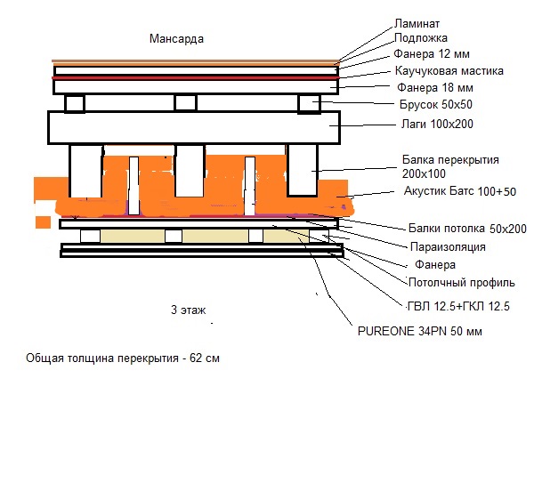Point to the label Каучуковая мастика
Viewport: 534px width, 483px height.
click(x=449, y=70)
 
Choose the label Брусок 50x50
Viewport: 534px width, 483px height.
click(x=435, y=105)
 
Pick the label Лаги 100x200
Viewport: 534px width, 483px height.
click(x=433, y=124)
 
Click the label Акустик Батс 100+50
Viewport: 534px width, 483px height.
click(x=459, y=191)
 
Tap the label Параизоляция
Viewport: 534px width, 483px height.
click(x=447, y=246)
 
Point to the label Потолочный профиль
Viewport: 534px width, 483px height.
click(x=461, y=284)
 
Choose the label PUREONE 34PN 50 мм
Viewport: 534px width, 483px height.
click(x=422, y=331)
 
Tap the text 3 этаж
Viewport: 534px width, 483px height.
click(x=188, y=310)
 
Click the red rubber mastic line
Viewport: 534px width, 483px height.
click(x=196, y=78)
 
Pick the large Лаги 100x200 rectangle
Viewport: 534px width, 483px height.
click(x=196, y=127)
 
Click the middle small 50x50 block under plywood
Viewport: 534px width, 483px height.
click(x=185, y=103)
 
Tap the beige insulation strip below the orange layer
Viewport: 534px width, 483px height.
click(x=214, y=236)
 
